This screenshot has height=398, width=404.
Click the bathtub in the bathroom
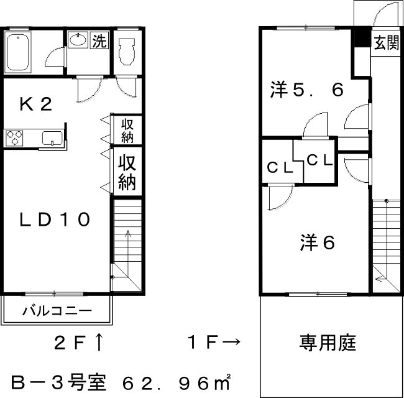click(18, 52)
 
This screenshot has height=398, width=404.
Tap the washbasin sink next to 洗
click(78, 40)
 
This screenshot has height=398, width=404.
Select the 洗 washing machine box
click(99, 40)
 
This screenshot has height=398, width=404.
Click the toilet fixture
click(127, 51)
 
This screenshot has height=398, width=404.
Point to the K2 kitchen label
click(36, 104)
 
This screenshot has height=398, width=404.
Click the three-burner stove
click(14, 138)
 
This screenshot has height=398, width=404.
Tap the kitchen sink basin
click(53, 138)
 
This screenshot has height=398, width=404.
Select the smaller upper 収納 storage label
click(127, 131)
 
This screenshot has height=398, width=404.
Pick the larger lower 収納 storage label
click(127, 172)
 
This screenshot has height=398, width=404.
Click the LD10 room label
click(55, 220)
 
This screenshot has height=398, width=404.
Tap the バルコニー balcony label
click(57, 311)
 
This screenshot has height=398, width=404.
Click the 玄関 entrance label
click(387, 43)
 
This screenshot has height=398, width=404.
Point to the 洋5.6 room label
click(306, 90)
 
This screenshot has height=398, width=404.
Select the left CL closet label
click(280, 168)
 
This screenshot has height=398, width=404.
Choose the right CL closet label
click(319, 160)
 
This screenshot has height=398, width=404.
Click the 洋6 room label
click(318, 243)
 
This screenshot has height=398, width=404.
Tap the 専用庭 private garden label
click(328, 343)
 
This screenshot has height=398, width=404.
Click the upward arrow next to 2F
click(99, 342)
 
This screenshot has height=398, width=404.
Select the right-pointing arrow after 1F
click(231, 342)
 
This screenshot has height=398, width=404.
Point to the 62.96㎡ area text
click(177, 382)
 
